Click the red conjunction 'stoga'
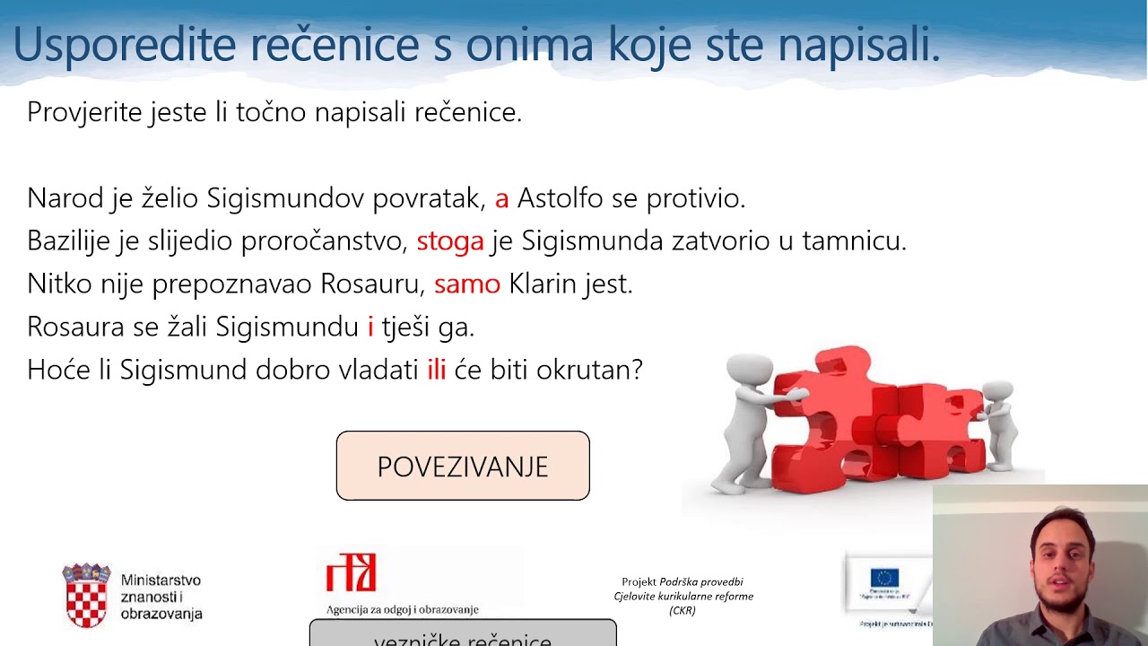pos(449,241)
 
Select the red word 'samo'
pos(466,284)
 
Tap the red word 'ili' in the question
pos(436,371)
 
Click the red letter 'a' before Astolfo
pos(501,198)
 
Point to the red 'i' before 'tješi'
pos(370,327)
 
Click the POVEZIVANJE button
pos(463,467)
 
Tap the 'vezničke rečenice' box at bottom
pos(463,636)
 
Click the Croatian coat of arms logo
pos(86,595)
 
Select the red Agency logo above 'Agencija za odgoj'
pos(351,572)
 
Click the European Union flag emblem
pos(883,577)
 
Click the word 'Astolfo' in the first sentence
pos(560,198)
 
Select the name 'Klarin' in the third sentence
pos(541,284)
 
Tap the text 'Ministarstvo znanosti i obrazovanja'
pos(161,598)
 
